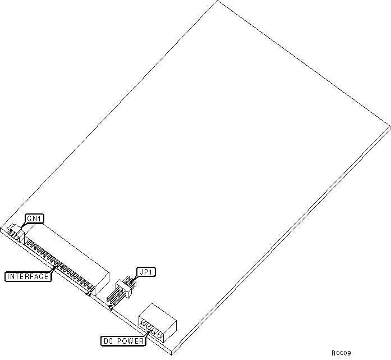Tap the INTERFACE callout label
(28, 276)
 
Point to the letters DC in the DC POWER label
(109, 340)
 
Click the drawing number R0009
(341, 353)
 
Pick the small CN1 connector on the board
(15, 233)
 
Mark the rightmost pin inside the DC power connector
(161, 336)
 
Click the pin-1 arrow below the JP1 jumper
(112, 307)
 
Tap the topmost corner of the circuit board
(218, 1)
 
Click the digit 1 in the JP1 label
(153, 272)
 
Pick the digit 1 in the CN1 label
(40, 218)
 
